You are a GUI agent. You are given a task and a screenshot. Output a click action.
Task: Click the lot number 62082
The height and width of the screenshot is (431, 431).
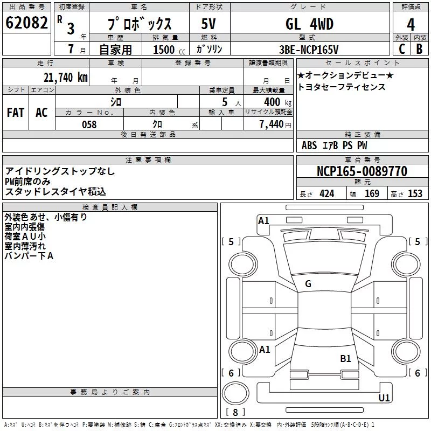tap(26, 23)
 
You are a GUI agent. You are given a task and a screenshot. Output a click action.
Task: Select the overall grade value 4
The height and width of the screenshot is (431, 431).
tap(411, 24)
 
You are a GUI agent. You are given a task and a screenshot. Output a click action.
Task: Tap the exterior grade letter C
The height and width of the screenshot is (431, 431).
tap(402, 49)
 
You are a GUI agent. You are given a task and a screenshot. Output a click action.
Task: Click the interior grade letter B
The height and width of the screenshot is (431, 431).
tap(419, 49)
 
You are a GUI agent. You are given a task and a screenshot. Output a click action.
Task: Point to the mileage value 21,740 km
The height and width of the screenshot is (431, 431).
tap(66, 78)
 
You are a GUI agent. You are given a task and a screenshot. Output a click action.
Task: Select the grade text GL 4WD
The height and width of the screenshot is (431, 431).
tap(309, 24)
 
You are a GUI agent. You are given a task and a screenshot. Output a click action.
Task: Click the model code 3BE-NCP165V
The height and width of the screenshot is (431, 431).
tap(309, 50)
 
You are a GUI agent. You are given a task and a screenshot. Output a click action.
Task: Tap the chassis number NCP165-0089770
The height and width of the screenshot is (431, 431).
tap(362, 171)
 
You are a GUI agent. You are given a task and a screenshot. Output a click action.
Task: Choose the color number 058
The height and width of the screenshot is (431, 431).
tap(89, 124)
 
